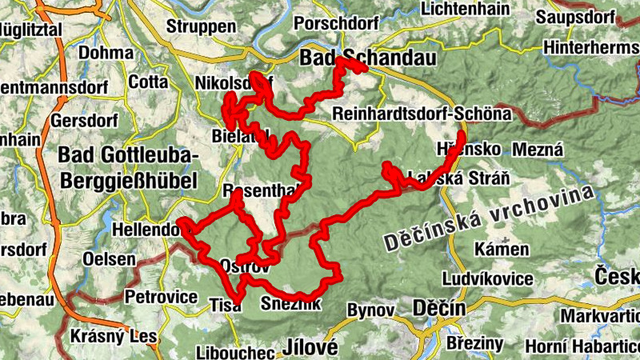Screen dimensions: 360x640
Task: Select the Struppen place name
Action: coord(196,26)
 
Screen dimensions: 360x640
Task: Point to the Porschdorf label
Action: coord(340,22)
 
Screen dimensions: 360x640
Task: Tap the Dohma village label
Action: coord(105,54)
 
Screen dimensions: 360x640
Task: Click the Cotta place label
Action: coord(148,82)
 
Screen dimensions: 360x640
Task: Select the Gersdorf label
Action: coord(83,122)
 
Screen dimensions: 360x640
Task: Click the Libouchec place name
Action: coord(231,351)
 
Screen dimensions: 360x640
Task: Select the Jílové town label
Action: coord(310,347)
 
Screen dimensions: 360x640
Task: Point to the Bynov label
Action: coord(371,309)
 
